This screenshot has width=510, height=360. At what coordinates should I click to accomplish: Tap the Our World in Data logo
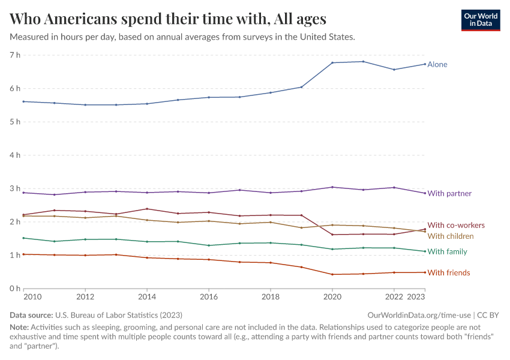480,19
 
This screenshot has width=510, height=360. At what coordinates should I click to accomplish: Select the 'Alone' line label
437,64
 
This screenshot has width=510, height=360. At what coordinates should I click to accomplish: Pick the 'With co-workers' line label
456,225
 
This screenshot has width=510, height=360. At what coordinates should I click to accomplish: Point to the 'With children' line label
451,236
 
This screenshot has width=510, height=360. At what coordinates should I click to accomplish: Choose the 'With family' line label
447,251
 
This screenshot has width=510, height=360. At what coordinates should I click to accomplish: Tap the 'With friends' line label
449,273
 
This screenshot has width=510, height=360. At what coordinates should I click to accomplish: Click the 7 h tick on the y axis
15,55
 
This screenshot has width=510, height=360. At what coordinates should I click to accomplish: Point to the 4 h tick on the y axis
15,155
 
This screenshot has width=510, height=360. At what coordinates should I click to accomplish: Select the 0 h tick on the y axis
15,289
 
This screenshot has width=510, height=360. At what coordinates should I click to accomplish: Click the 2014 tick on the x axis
147,297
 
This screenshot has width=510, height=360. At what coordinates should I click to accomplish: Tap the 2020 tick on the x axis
332,297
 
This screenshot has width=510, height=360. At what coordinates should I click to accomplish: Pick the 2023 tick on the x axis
416,297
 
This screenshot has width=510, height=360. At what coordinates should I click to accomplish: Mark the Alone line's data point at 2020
332,62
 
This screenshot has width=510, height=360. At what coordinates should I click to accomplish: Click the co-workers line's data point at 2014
147,209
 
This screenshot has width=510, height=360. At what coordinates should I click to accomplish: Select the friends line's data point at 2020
332,274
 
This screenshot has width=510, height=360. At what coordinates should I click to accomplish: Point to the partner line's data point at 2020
332,187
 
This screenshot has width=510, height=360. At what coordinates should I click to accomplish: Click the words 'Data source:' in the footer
31,315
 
